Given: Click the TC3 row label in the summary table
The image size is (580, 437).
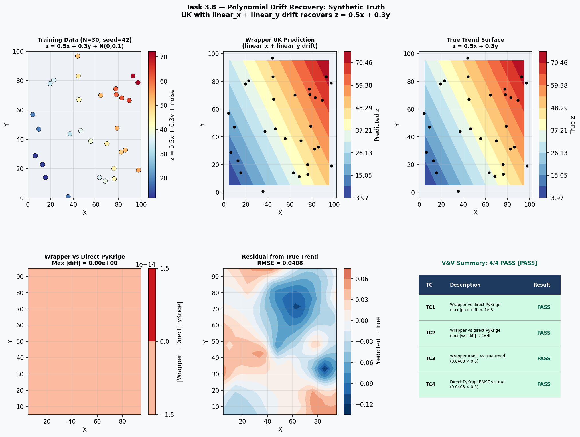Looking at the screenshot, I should pyautogui.click(x=430, y=359).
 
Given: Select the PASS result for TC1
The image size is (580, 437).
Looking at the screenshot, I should pyautogui.click(x=543, y=307).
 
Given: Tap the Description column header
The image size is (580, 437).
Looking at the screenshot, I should pyautogui.click(x=465, y=285).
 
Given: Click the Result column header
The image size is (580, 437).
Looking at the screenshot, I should pyautogui.click(x=542, y=285).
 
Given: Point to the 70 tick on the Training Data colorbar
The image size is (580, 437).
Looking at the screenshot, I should pyautogui.click(x=164, y=57).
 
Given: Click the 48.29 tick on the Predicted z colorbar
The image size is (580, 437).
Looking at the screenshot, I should pyautogui.click(x=364, y=108).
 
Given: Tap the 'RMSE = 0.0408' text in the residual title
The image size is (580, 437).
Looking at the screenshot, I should pyautogui.click(x=280, y=263).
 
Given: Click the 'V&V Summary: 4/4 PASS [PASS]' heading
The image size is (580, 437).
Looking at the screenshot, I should pyautogui.click(x=489, y=263).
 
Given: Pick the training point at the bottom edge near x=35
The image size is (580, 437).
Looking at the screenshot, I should pyautogui.click(x=68, y=197).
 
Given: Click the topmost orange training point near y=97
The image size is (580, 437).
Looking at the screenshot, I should pyautogui.click(x=78, y=56).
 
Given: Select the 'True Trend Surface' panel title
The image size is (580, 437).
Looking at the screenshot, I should pyautogui.click(x=475, y=40).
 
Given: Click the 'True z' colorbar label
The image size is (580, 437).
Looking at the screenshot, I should pyautogui.click(x=573, y=125).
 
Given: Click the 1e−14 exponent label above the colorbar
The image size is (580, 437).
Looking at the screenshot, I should pyautogui.click(x=145, y=265).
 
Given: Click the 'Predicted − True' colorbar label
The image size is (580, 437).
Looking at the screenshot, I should pyautogui.click(x=378, y=341).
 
